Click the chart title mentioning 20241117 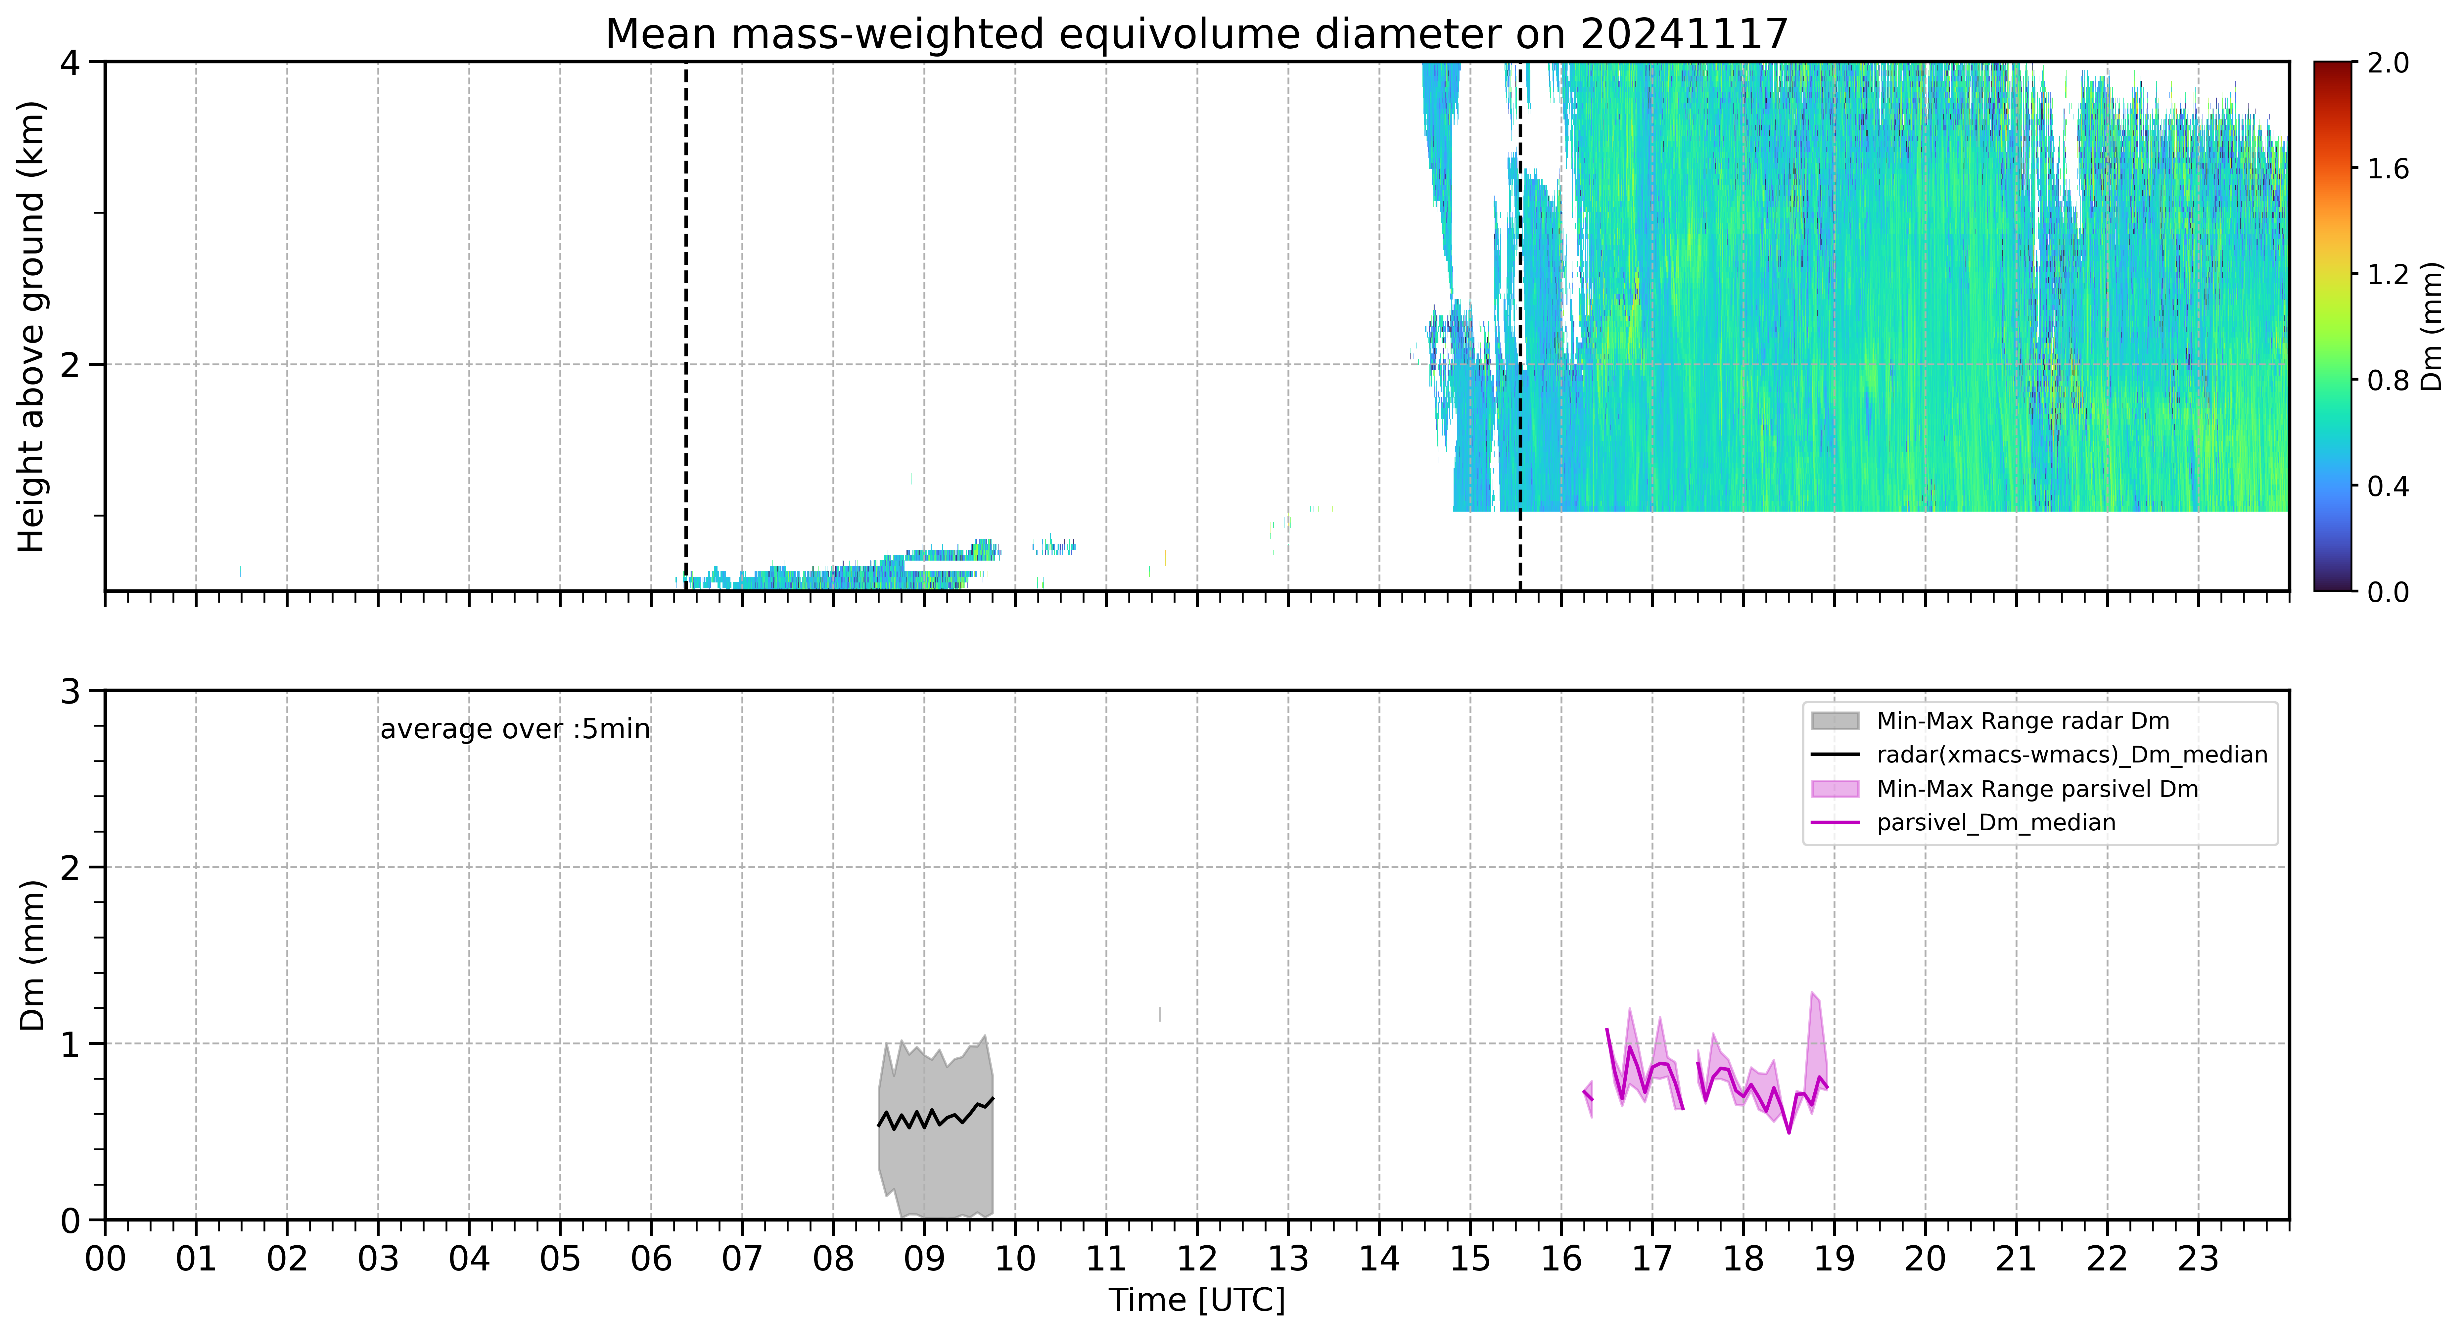point(1196,34)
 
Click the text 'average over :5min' point(514,730)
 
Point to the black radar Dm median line point(935,1115)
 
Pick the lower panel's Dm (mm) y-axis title point(31,955)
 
